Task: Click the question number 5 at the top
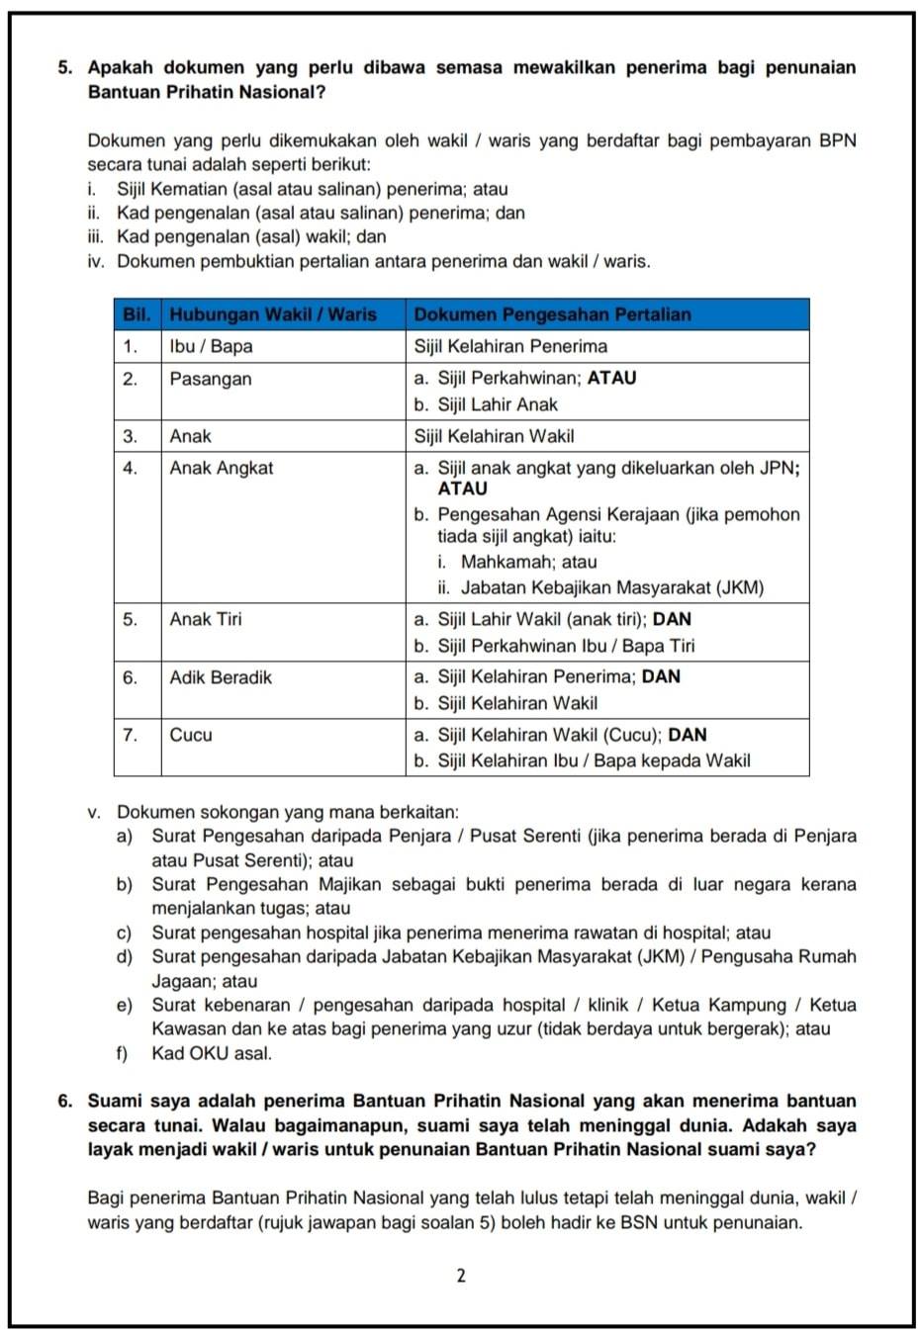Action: (64, 68)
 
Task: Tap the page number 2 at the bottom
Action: (461, 1276)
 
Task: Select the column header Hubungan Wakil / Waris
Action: (273, 314)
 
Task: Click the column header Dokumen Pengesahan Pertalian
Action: (552, 314)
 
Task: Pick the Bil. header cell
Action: (137, 314)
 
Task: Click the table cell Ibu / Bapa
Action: (211, 346)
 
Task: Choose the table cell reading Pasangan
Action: (211, 379)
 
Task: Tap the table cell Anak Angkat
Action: (221, 468)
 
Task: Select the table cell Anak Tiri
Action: (205, 619)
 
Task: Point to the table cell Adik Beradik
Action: (221, 677)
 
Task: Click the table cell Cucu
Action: (191, 735)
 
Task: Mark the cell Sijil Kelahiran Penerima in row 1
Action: (510, 346)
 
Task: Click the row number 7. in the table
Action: (130, 735)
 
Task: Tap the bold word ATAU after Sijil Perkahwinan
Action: (612, 378)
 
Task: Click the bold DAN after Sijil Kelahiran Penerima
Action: (661, 676)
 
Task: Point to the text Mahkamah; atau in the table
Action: (528, 562)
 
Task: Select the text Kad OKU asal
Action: (211, 1053)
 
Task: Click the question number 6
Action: (64, 1101)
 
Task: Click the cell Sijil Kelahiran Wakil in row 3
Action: (494, 436)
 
